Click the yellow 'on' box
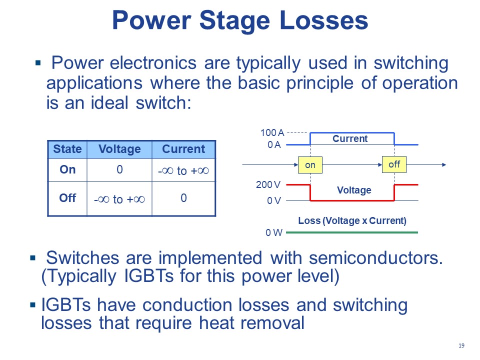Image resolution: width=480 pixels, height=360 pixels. [x=310, y=165]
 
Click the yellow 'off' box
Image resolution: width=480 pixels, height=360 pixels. [x=394, y=164]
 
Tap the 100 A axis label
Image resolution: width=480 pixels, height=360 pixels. [x=272, y=133]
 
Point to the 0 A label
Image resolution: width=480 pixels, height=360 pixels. [x=274, y=145]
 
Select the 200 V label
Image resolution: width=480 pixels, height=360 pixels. [x=268, y=185]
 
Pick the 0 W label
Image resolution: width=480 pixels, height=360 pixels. [x=273, y=232]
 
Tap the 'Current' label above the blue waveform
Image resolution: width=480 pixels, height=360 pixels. [x=350, y=138]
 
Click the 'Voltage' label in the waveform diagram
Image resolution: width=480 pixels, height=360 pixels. [x=354, y=190]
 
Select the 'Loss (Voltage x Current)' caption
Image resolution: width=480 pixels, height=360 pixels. [x=352, y=220]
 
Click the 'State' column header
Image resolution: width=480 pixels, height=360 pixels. [x=67, y=149]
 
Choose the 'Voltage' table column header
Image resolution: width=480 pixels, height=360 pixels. [x=119, y=149]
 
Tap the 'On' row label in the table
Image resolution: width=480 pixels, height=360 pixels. [x=67, y=169]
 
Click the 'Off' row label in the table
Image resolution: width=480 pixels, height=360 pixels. [x=67, y=197]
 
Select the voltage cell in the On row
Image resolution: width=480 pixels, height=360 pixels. [x=119, y=169]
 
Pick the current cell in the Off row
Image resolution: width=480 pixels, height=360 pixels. [x=183, y=198]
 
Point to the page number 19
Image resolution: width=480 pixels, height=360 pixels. [x=461, y=346]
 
